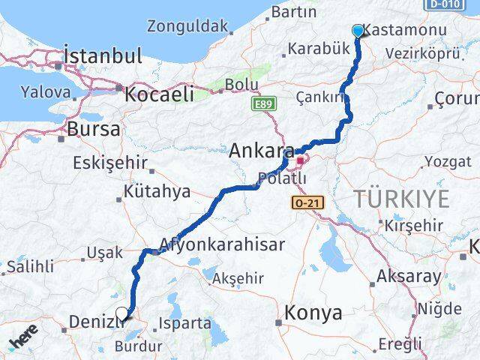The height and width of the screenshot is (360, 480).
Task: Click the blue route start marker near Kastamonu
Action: point(358,31)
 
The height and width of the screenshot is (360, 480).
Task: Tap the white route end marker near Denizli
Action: point(122,314)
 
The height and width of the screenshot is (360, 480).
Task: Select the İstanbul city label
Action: point(103,55)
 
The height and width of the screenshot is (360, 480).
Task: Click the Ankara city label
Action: point(261,151)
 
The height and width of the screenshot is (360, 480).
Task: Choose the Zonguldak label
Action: point(187,26)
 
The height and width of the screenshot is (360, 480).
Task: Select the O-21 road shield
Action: point(306,202)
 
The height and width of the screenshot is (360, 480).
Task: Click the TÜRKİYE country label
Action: point(402,199)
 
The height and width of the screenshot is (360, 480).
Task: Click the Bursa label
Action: point(94,129)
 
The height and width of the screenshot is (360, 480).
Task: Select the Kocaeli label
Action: point(159,94)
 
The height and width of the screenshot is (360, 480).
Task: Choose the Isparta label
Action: point(185,324)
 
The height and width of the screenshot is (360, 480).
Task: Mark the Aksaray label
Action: point(409,276)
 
